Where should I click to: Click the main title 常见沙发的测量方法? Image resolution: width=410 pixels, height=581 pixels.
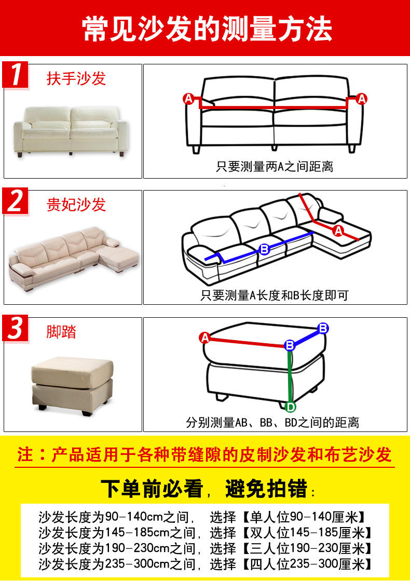pyautogui.click(x=207, y=29)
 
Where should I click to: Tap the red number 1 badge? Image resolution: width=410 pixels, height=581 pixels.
pyautogui.click(x=16, y=75)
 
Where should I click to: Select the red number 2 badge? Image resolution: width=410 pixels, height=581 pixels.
pyautogui.click(x=16, y=201)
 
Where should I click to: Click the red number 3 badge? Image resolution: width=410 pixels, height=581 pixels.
pyautogui.click(x=16, y=328)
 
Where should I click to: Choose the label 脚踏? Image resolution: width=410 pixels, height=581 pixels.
pyautogui.click(x=61, y=332)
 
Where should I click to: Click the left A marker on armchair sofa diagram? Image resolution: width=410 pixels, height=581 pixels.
pyautogui.click(x=188, y=99)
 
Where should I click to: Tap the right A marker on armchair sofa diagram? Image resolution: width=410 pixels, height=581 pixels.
pyautogui.click(x=361, y=99)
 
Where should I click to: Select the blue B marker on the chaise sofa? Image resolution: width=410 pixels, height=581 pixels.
pyautogui.click(x=264, y=250)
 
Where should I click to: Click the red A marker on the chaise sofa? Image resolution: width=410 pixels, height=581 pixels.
pyautogui.click(x=338, y=231)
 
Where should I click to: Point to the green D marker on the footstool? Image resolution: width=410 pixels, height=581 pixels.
pyautogui.click(x=291, y=406)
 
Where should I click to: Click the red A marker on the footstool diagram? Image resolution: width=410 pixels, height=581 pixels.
pyautogui.click(x=204, y=338)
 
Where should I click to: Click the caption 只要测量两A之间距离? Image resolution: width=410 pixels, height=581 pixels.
pyautogui.click(x=275, y=167)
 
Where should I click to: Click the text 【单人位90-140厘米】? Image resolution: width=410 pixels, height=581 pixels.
pyautogui.click(x=303, y=517)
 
